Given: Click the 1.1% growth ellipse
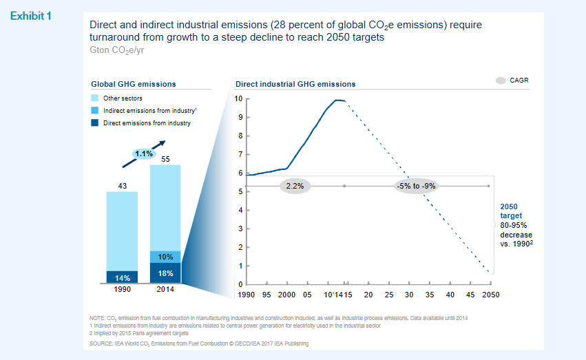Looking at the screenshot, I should coord(144,153).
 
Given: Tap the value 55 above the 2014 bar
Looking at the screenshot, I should coord(165,159).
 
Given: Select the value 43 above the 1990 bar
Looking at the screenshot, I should coord(122,186).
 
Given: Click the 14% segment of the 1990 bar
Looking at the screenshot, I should coord(122,277).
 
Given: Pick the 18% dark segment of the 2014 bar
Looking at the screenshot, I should coord(165,273).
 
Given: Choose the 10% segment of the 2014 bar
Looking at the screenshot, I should coord(165,257).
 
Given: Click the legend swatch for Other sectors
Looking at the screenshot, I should coord(96,98).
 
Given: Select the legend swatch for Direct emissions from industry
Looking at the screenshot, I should coord(96,123).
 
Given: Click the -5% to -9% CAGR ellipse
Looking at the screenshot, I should coord(417,186).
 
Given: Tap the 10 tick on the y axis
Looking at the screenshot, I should coord(238,98).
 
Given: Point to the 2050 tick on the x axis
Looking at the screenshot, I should coord(490,295).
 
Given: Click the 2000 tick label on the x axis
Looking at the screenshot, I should coord(286,295).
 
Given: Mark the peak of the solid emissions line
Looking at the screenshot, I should coord(337,100).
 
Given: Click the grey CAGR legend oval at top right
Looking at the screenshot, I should coord(501,81).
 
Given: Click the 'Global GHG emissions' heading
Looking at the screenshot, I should coord(134,84).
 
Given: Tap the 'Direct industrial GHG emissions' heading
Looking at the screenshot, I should coord(295,84).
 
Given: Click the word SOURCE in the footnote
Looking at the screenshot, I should coord(103,343).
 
